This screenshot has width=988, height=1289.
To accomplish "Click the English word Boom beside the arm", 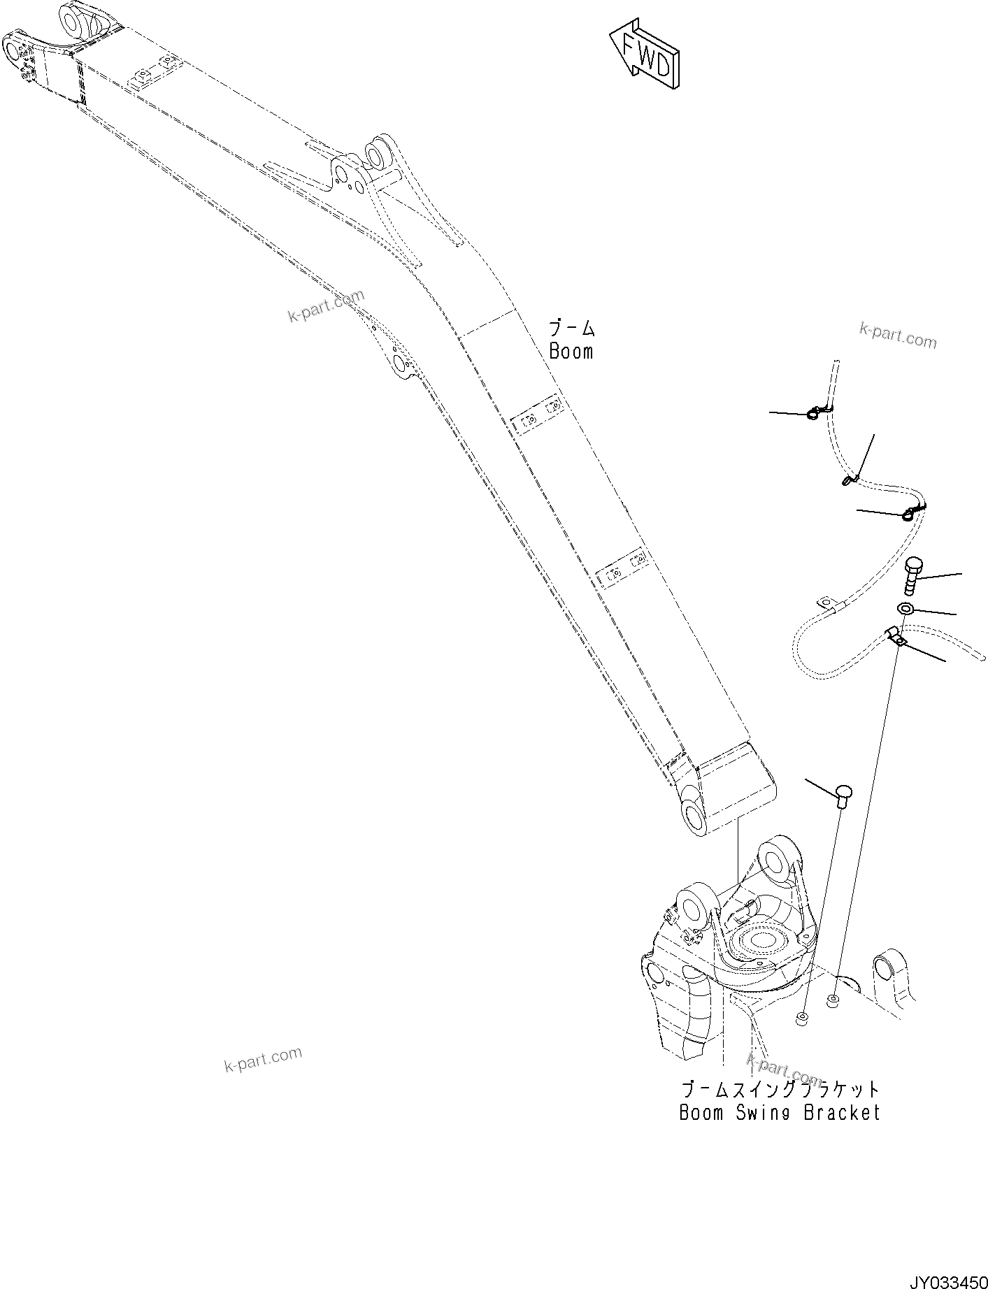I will pyautogui.click(x=571, y=352).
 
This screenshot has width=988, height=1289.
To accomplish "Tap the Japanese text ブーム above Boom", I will pyautogui.click(x=571, y=329).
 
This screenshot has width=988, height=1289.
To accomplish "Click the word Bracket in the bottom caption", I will pyautogui.click(x=841, y=1112).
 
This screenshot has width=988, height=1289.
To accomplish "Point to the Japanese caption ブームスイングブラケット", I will pyautogui.click(x=780, y=1090).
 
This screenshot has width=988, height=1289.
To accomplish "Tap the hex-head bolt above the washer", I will pyautogui.click(x=914, y=573).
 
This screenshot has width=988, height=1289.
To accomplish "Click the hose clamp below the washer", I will pyautogui.click(x=895, y=635).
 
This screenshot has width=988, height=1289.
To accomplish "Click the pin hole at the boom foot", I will pyautogui.click(x=695, y=816).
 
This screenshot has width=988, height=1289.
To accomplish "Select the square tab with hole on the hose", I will pyautogui.click(x=826, y=603).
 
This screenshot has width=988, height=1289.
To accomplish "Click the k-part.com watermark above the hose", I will pyautogui.click(x=897, y=336).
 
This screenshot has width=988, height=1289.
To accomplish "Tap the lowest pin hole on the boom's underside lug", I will pyautogui.click(x=401, y=363).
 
